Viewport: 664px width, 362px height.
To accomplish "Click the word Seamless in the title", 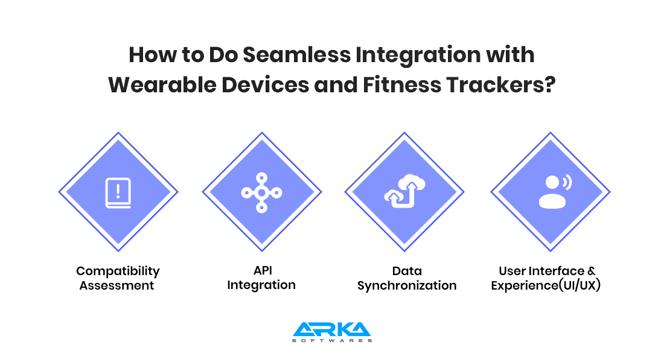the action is click(x=297, y=55).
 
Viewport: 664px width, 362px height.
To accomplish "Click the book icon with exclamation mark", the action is click(x=118, y=193).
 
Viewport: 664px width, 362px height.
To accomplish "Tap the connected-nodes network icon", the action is click(x=262, y=192).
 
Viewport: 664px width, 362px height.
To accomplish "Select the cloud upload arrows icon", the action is click(x=405, y=191).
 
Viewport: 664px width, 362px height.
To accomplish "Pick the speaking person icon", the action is click(x=555, y=192).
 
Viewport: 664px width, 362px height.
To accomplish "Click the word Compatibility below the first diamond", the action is click(x=118, y=271).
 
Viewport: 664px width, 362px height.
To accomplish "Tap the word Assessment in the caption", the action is click(x=117, y=285).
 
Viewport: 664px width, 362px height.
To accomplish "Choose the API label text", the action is click(x=263, y=270).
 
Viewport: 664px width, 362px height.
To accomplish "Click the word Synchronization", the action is click(x=407, y=286).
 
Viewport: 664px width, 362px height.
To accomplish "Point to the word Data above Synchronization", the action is click(x=407, y=271).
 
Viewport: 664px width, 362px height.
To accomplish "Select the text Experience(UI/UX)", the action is click(x=546, y=286).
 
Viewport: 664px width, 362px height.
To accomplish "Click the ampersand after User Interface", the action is click(x=591, y=271).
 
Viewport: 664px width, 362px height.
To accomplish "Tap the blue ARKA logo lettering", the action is click(x=331, y=329).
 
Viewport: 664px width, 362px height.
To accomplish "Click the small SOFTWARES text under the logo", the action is click(x=332, y=340).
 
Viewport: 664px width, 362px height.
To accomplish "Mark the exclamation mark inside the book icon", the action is click(x=118, y=191).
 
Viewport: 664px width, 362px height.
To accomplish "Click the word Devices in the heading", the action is click(x=265, y=84).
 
